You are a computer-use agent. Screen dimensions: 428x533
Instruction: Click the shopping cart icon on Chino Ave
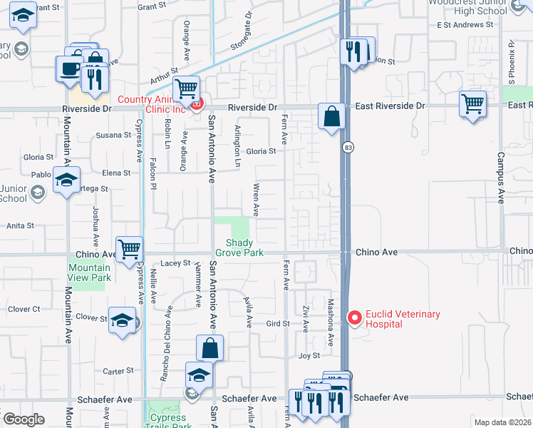point(129,250)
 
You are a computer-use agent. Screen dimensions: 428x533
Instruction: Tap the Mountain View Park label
point(89,272)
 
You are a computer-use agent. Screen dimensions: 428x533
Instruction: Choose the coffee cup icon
point(69,69)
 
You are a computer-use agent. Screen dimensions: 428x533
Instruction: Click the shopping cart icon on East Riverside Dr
point(472,104)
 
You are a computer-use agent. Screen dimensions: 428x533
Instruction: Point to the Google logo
point(24,419)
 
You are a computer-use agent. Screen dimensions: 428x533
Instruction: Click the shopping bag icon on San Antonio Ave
point(209,349)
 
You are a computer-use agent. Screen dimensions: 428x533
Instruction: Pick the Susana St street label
point(109,135)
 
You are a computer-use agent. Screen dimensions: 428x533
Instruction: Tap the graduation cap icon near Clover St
point(122,320)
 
